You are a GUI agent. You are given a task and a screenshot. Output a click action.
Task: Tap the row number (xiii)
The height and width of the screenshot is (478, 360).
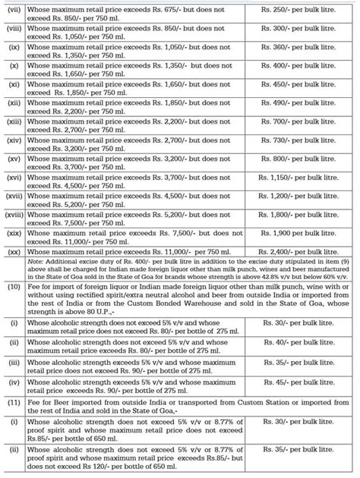[12, 121]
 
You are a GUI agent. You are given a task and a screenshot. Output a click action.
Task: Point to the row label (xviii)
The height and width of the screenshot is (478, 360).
[13, 214]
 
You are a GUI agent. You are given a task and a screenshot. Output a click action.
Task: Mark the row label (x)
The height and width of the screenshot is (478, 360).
[12, 67]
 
